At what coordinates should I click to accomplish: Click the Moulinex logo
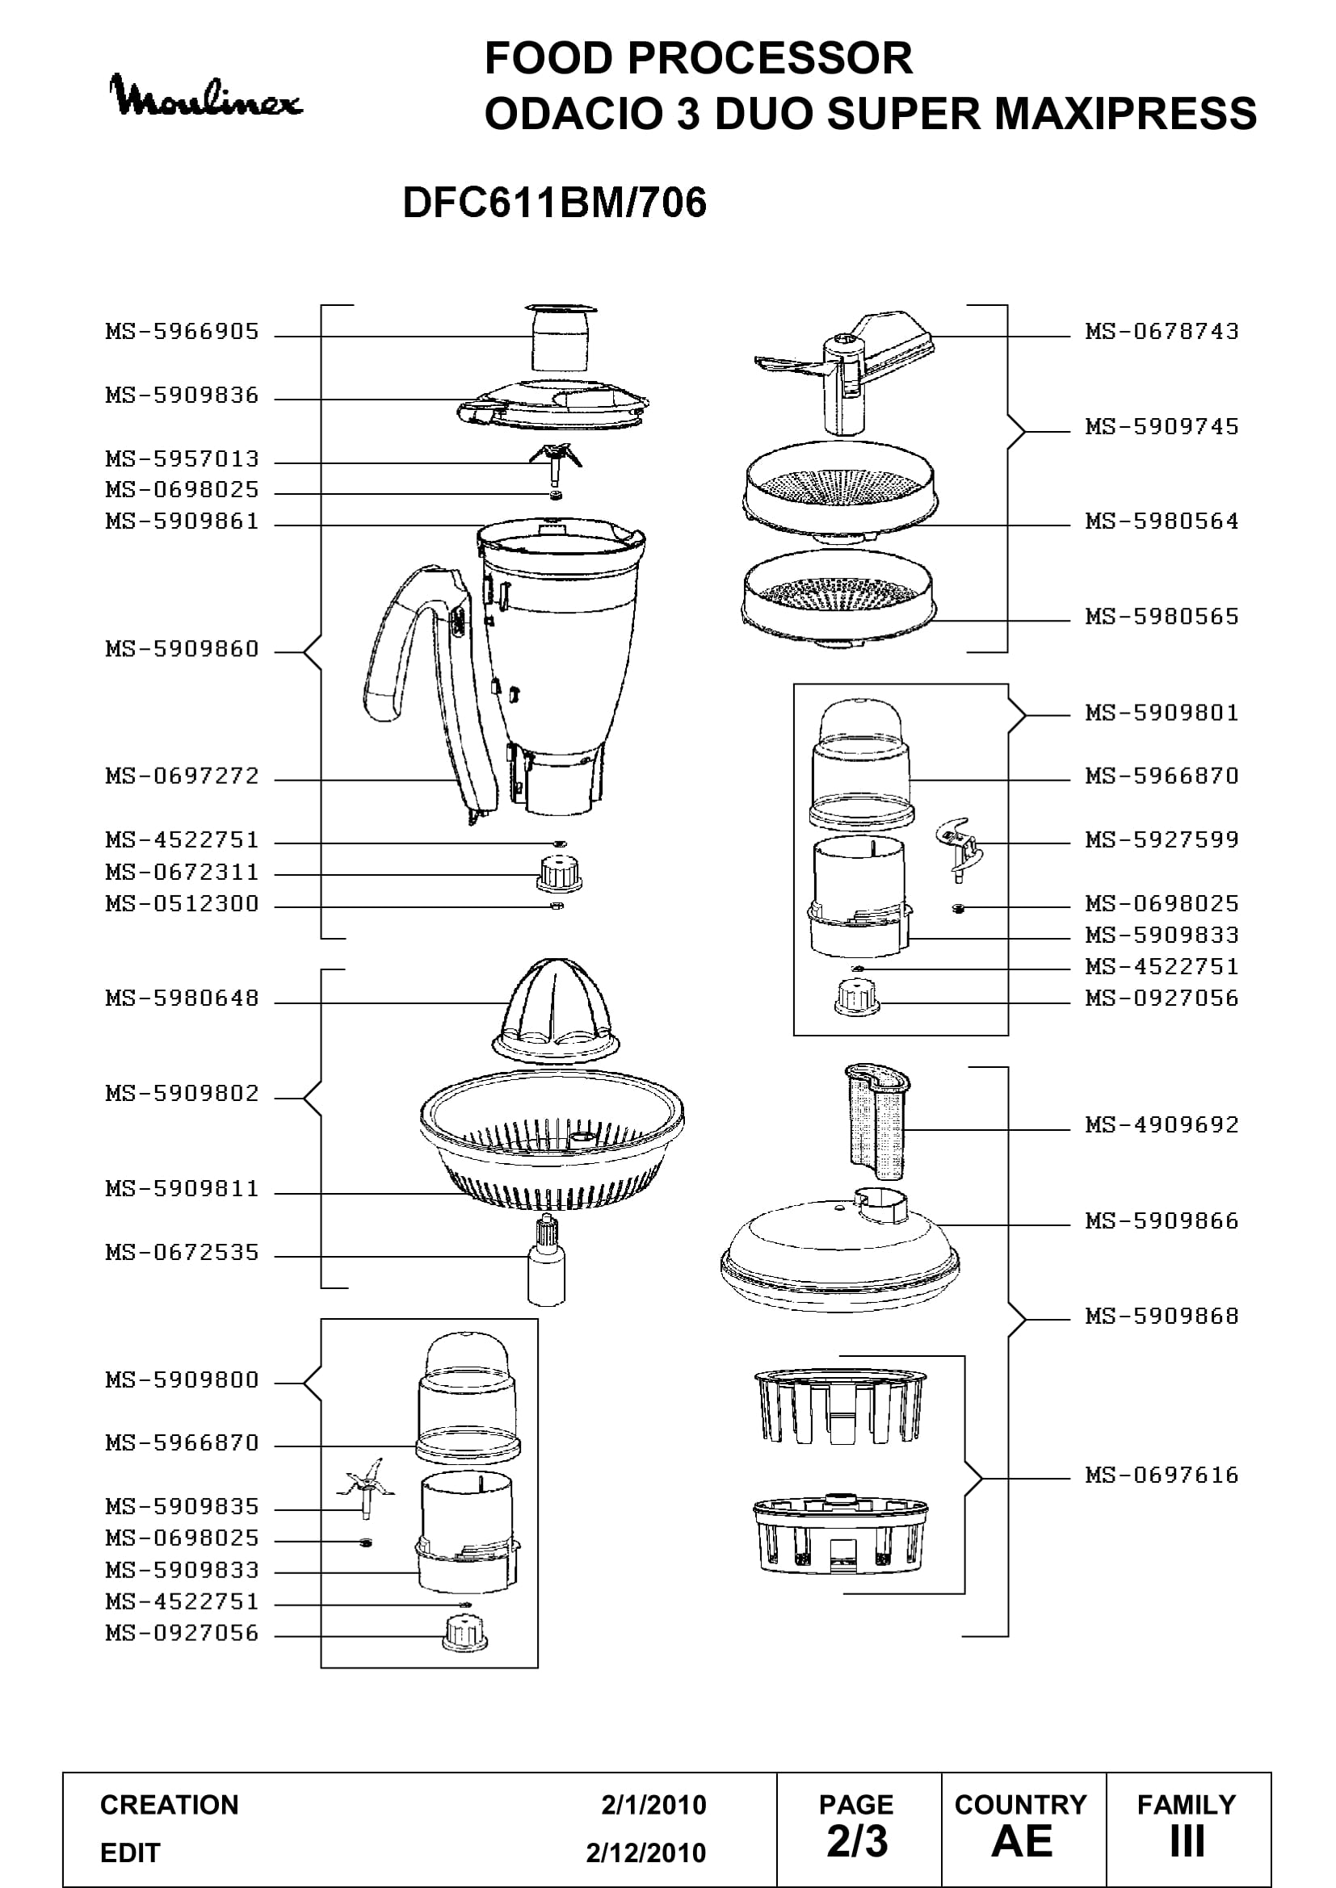[x=206, y=96]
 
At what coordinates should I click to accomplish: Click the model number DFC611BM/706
[x=554, y=203]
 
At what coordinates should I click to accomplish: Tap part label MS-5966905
[x=183, y=332]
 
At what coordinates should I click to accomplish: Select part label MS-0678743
[x=1162, y=332]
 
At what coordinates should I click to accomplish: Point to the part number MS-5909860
[x=183, y=649]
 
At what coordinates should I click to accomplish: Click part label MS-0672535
[x=183, y=1253]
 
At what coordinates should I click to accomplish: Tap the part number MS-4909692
[x=1162, y=1124]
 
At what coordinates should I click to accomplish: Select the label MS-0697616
[x=1162, y=1475]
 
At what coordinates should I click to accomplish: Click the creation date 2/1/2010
[x=654, y=1804]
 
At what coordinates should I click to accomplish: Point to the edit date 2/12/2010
[x=646, y=1852]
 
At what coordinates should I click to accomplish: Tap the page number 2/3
[x=857, y=1841]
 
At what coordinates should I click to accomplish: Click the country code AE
[x=1022, y=1841]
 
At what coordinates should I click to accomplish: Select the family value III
[x=1187, y=1841]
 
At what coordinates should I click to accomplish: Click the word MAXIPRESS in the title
[x=1126, y=114]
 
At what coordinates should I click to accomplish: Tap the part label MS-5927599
[x=1162, y=839]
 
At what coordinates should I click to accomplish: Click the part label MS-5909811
[x=183, y=1188]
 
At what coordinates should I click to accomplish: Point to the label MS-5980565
[x=1162, y=616]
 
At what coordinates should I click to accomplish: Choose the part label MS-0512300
[x=183, y=904]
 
